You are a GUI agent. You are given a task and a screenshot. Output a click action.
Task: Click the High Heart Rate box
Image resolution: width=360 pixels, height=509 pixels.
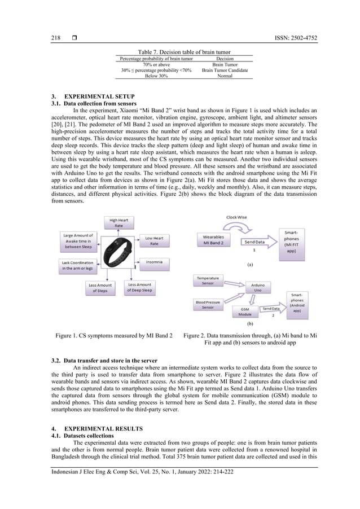118,223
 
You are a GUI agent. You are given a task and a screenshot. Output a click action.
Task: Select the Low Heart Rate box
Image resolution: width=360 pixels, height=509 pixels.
154,241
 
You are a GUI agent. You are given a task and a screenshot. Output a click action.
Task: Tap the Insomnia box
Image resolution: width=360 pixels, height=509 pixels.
154,262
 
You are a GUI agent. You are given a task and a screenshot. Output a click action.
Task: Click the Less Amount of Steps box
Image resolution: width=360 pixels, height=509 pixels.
100,287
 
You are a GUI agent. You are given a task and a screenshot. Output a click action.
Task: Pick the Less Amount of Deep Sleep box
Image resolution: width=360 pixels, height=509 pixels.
139,287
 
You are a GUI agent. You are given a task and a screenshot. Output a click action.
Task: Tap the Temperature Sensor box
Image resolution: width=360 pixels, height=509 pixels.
208,281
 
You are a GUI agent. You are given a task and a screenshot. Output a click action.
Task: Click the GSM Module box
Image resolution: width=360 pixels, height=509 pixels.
245,311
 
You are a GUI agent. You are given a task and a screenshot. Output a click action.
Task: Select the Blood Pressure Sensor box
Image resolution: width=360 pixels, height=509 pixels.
208,305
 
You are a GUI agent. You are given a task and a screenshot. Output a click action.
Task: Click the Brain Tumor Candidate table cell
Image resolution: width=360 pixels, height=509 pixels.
225,71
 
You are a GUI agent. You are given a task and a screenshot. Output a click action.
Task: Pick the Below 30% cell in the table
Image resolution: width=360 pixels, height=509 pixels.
156,76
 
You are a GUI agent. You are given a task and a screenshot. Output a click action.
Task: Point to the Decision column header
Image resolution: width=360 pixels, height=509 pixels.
225,59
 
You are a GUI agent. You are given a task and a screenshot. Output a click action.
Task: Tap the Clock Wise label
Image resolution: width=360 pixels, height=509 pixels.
236,217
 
